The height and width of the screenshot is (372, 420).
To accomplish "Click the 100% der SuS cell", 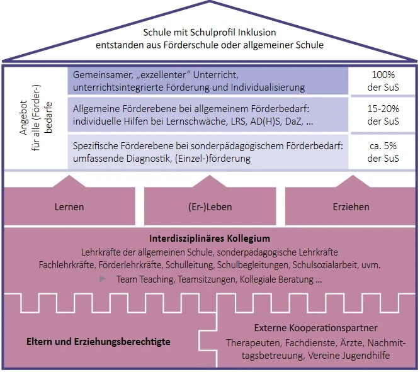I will (x=383, y=80).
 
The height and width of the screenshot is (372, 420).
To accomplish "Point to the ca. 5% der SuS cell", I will (x=383, y=152).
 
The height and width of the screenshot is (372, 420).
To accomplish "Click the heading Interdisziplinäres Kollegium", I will (x=210, y=239).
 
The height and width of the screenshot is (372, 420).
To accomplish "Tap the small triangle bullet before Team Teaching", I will (x=103, y=278).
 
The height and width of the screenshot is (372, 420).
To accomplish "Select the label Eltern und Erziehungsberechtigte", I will (x=98, y=342).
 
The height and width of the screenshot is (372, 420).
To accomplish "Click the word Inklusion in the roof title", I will (x=258, y=31).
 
